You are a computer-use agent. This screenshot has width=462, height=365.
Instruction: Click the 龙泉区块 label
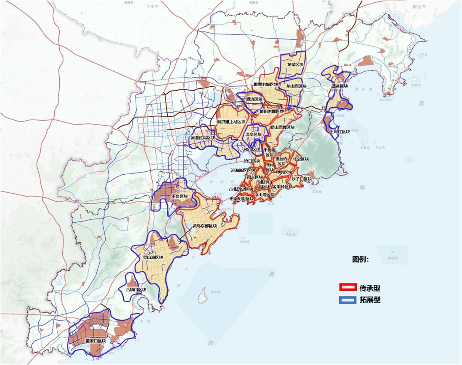click(295, 65)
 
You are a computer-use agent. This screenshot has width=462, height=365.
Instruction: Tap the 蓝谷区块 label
click(339, 86)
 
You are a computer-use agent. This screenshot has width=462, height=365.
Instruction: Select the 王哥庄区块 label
click(340, 132)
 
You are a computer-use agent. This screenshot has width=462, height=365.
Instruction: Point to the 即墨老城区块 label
click(266, 85)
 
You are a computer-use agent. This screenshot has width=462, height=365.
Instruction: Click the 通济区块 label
click(254, 99)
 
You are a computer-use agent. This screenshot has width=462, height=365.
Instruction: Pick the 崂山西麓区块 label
click(283, 127)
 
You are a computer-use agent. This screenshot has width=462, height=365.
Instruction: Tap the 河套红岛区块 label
click(203, 138)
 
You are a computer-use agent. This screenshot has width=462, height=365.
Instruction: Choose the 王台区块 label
click(179, 196)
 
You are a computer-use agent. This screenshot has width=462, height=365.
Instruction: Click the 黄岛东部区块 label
click(205, 226)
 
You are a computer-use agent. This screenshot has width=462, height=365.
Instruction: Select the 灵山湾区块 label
click(153, 257)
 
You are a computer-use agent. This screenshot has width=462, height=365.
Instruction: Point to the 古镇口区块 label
click(136, 290)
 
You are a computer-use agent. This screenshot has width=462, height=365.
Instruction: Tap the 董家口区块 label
click(96, 341)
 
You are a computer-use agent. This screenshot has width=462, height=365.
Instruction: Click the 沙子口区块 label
click(301, 179)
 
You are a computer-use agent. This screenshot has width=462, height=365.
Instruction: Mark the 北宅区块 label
click(301, 159)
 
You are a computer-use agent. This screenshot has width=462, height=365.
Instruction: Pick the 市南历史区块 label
click(241, 199)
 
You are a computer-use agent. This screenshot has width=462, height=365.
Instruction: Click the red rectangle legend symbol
click(348, 287)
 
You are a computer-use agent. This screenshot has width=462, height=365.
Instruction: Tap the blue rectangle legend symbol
click(348, 300)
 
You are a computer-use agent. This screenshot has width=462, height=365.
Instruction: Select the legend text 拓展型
click(370, 300)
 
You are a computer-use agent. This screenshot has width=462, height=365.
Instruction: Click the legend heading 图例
click(360, 259)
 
